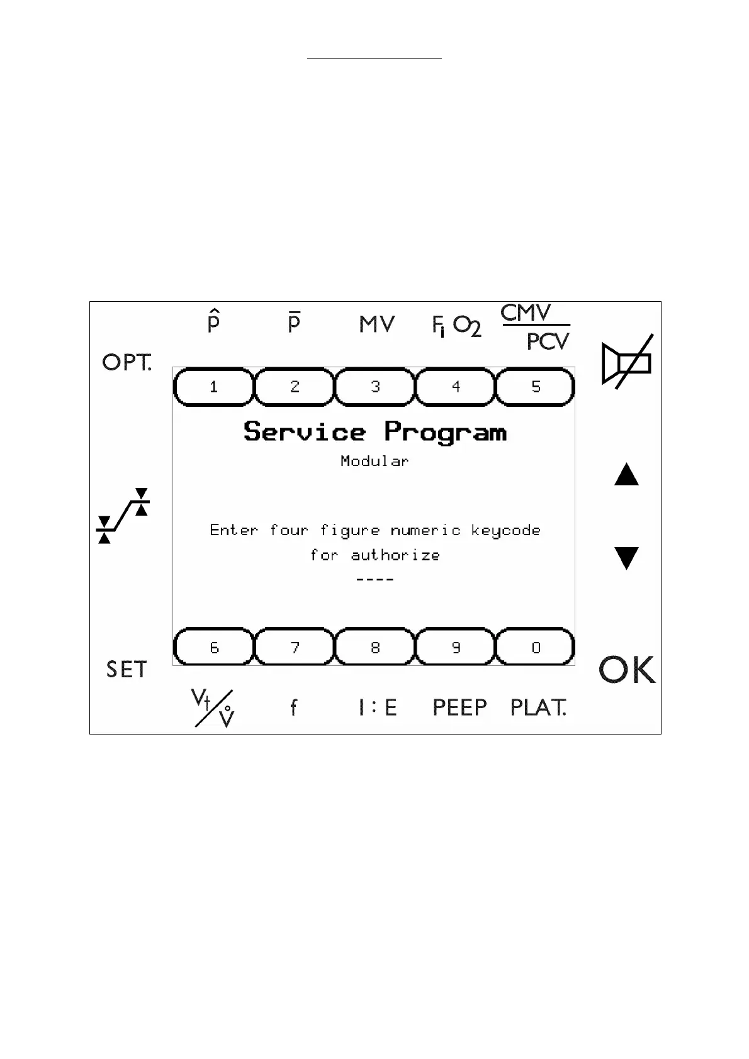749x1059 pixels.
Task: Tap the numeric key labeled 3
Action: click(375, 387)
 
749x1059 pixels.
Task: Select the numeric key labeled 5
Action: click(536, 387)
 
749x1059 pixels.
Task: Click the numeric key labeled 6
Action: click(214, 647)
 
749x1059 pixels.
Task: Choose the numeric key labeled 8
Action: click(375, 647)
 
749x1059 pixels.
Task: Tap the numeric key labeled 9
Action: click(456, 647)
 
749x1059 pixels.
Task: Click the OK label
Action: click(627, 670)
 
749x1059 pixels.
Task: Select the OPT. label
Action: click(127, 363)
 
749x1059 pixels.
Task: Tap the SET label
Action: click(127, 670)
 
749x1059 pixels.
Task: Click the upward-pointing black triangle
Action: click(626, 475)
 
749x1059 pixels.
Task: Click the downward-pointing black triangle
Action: click(626, 558)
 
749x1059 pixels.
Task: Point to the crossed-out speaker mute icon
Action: click(627, 362)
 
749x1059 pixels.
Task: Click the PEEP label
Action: click(459, 708)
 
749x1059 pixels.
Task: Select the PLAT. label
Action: click(538, 708)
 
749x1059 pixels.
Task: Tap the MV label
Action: click(376, 324)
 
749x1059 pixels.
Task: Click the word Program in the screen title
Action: click(446, 433)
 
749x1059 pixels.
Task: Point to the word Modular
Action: click(374, 461)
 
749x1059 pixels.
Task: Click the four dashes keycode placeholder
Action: click(375, 579)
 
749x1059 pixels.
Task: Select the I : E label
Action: click(378, 708)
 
